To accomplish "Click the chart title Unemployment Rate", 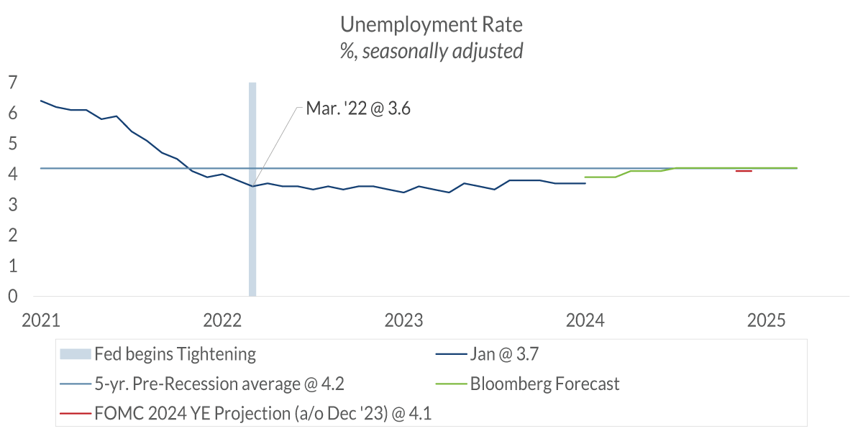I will point(431,24).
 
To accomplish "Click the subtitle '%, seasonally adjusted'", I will point(431,51).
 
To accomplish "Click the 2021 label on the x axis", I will point(40,319).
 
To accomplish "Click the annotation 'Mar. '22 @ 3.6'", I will point(357,109).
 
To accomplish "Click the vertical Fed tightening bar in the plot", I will point(252,215).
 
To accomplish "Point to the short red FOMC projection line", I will point(744,171).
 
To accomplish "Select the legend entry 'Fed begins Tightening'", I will point(175,353).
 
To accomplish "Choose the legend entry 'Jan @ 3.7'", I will point(503,353).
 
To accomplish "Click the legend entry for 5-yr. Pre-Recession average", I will point(219,384).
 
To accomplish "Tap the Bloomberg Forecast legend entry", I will point(544,384).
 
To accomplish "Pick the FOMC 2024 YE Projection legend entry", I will point(267,413).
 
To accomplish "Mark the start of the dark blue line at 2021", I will point(41,101).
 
